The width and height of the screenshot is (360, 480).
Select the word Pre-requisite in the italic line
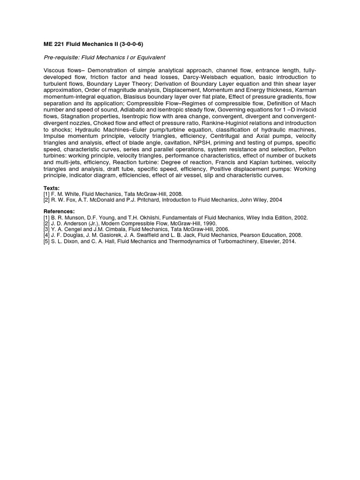point(60,58)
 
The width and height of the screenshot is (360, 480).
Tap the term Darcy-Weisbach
point(205,77)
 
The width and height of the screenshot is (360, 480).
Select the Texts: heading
point(52,187)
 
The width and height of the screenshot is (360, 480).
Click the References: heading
point(59,211)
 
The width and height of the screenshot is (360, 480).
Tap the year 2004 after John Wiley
point(276,199)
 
